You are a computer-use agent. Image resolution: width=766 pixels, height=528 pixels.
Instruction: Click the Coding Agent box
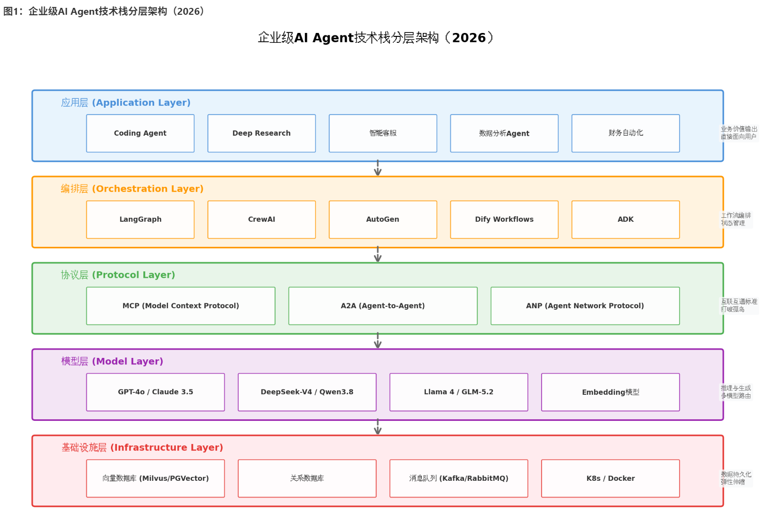(x=140, y=133)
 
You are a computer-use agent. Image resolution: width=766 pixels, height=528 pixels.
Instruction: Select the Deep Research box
(x=262, y=133)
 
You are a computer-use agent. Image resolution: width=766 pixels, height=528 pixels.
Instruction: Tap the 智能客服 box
(x=383, y=133)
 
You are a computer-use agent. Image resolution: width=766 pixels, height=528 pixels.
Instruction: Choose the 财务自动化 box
(x=626, y=133)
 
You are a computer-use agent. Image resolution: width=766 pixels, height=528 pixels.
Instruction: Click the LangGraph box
(x=140, y=219)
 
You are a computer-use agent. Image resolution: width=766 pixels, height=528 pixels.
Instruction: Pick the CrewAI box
(x=262, y=219)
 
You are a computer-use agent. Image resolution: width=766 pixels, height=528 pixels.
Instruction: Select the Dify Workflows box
(x=504, y=219)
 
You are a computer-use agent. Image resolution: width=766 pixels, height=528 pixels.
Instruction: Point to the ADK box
(x=626, y=219)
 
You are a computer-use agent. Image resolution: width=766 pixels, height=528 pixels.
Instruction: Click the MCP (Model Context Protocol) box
(x=181, y=306)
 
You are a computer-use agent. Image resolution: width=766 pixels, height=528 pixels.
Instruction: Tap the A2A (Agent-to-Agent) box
(x=383, y=306)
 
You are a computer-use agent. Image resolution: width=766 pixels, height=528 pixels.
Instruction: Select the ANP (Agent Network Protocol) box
(x=585, y=306)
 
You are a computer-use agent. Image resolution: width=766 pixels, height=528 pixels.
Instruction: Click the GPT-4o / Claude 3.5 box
(x=156, y=392)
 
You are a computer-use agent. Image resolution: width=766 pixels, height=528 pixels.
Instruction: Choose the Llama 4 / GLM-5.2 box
(x=459, y=392)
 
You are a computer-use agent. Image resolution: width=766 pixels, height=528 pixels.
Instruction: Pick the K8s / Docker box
(x=611, y=478)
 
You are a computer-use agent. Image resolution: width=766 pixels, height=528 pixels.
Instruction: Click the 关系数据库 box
(x=307, y=478)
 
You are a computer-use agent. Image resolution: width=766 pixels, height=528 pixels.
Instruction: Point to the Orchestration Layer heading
(x=133, y=189)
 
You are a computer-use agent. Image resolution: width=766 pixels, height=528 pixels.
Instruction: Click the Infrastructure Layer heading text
(x=142, y=447)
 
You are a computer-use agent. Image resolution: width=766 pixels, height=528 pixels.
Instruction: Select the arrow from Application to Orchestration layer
(x=378, y=168)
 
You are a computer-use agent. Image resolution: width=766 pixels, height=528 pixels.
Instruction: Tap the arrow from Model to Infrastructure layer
(x=378, y=427)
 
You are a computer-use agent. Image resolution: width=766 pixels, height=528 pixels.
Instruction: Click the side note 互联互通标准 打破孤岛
(x=739, y=305)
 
